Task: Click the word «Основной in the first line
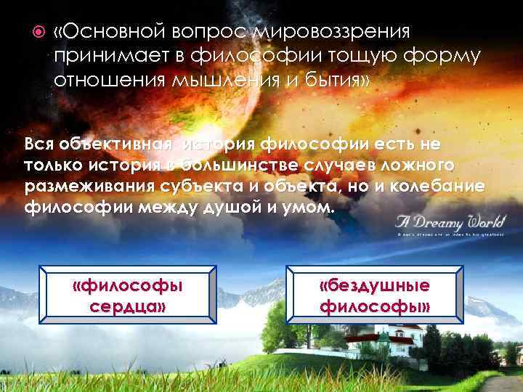(x=110, y=32)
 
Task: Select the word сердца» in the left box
(x=128, y=306)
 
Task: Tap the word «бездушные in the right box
(x=375, y=285)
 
